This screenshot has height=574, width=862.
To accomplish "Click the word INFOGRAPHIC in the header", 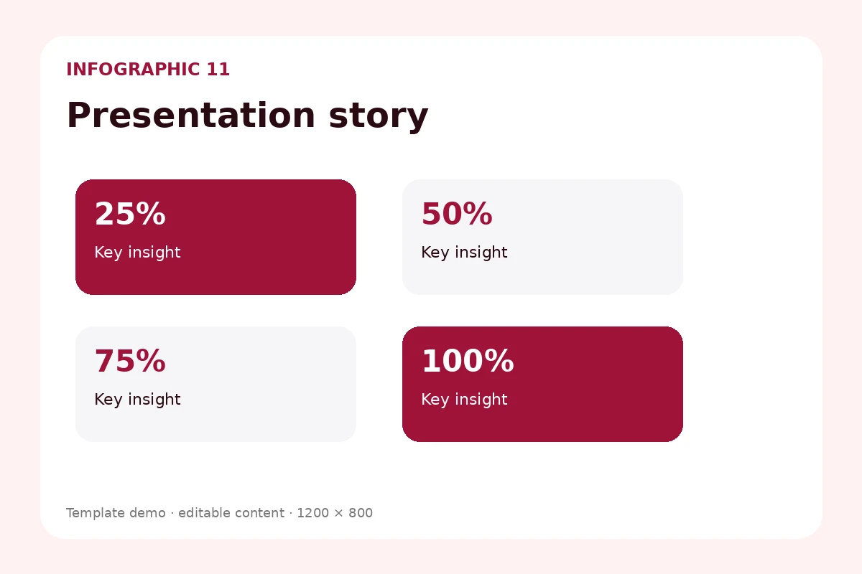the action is [133, 70].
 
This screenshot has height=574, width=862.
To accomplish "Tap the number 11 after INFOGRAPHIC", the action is [218, 70].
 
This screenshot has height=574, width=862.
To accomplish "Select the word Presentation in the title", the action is [191, 116].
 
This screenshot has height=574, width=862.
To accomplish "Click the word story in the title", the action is [379, 117].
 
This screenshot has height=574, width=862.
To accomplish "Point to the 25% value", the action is [130, 214].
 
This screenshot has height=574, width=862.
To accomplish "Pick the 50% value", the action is [457, 214].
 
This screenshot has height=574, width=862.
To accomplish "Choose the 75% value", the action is [130, 361].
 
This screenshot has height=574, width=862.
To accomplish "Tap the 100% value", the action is [468, 361].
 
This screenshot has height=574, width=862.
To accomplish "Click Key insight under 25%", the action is [137, 253].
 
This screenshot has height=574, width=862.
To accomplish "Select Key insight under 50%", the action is [464, 253].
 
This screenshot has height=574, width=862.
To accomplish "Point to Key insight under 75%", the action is [137, 400].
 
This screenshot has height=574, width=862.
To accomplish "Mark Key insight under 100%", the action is [464, 400].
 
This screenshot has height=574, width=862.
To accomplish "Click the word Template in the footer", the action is [96, 513].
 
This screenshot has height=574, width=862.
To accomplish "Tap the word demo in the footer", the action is [147, 513].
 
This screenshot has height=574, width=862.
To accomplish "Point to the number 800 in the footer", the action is [361, 513].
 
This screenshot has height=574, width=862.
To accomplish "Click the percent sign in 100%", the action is [499, 361].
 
